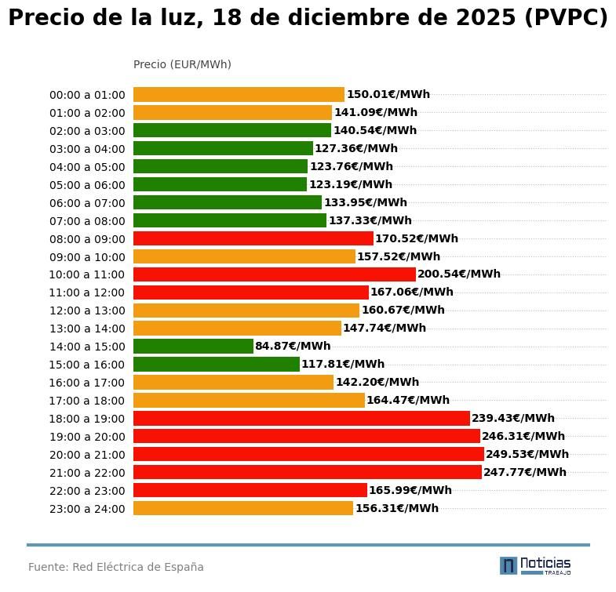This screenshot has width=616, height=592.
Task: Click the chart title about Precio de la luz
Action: point(308,18)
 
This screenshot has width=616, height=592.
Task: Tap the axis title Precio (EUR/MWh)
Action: point(182,64)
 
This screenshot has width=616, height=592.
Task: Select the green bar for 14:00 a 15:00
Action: point(193,346)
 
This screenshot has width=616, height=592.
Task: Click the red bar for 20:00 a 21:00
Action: point(308,454)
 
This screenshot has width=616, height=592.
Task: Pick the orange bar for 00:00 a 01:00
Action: point(239,94)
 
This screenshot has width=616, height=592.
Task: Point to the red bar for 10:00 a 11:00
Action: point(274,274)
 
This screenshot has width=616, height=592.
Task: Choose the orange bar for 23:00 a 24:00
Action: point(243,508)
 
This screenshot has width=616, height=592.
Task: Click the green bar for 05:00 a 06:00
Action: point(220,184)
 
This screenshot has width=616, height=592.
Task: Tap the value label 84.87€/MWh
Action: point(293,346)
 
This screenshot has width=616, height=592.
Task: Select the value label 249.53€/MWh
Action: point(527,454)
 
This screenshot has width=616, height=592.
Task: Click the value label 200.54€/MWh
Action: point(459,274)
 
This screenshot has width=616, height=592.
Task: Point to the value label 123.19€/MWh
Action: point(350,184)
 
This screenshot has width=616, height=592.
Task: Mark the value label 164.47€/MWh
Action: point(408,400)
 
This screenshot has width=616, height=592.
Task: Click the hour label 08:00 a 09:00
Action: point(87,239)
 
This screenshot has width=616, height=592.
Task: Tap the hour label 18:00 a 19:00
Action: point(87,419)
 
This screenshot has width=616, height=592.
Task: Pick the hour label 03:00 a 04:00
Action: point(87,149)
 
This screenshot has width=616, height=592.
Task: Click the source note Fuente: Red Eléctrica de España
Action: point(116,567)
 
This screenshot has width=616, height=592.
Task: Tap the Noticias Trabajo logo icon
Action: point(508,565)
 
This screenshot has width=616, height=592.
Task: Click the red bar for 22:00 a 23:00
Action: point(250,490)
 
